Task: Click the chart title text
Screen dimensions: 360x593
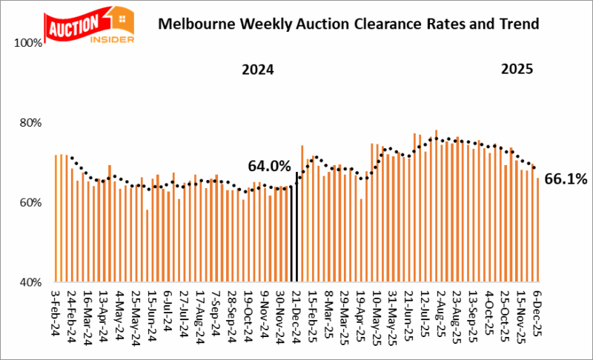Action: (349, 24)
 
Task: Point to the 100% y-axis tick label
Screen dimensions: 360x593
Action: (29, 43)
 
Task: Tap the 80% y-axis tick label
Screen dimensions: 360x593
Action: (31, 123)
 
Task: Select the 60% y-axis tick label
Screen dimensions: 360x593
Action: (31, 203)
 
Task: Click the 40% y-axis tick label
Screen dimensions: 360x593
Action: (31, 282)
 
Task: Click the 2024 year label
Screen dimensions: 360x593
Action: (257, 71)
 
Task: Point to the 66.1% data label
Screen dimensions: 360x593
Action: (566, 179)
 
